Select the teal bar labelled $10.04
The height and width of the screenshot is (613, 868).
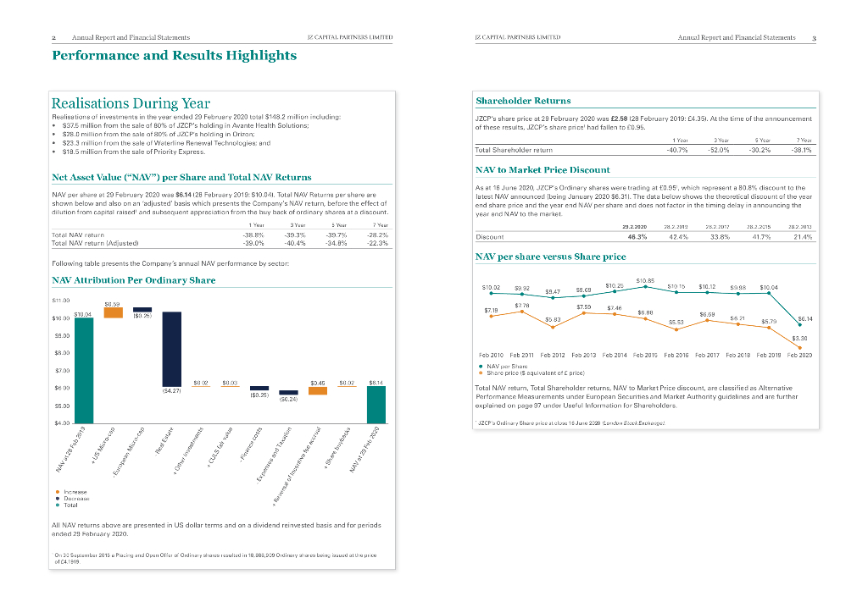(x=84, y=369)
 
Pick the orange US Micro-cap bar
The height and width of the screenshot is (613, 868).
(x=113, y=312)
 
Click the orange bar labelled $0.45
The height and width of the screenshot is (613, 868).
(x=317, y=390)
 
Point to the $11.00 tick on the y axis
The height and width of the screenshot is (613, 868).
(x=61, y=300)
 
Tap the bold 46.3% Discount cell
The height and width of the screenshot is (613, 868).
(x=636, y=237)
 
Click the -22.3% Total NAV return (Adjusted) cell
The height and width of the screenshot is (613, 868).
(x=376, y=242)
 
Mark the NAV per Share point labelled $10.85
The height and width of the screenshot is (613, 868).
(x=646, y=286)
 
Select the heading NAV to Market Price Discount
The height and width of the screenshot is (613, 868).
(x=542, y=170)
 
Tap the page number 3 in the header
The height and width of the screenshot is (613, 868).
(x=814, y=38)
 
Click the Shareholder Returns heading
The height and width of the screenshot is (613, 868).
(x=523, y=101)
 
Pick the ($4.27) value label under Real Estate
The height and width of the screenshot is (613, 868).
(x=171, y=391)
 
